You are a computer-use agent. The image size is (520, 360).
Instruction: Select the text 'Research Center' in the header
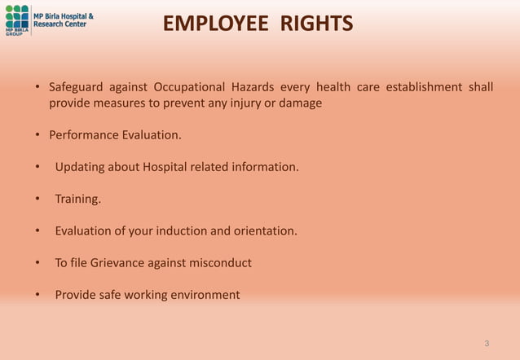(x=59, y=24)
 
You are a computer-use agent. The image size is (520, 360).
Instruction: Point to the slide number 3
(x=487, y=344)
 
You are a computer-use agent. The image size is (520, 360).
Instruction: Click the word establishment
(x=424, y=87)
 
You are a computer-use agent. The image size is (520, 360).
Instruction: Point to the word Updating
(x=81, y=167)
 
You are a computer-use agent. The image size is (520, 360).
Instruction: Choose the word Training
(x=77, y=199)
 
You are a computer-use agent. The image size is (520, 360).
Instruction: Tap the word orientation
(x=264, y=230)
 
